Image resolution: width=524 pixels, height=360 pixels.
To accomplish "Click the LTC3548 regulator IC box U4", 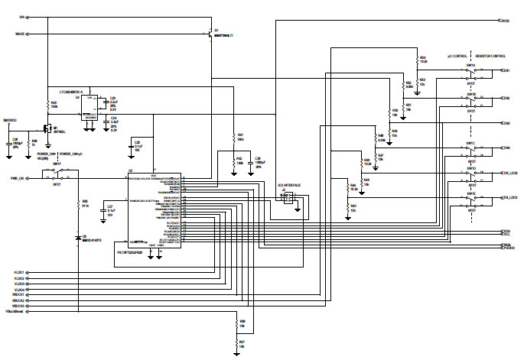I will (x=93, y=107).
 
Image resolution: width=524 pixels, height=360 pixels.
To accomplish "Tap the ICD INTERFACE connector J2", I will (x=290, y=199).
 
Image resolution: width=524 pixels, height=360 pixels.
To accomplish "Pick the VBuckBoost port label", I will (x=16, y=312).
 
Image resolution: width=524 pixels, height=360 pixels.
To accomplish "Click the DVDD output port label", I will (x=506, y=21).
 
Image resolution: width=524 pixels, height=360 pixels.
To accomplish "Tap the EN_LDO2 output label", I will (x=508, y=173).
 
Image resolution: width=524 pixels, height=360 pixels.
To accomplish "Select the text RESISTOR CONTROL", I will (x=490, y=57).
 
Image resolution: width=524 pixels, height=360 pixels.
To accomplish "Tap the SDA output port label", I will (x=506, y=230).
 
